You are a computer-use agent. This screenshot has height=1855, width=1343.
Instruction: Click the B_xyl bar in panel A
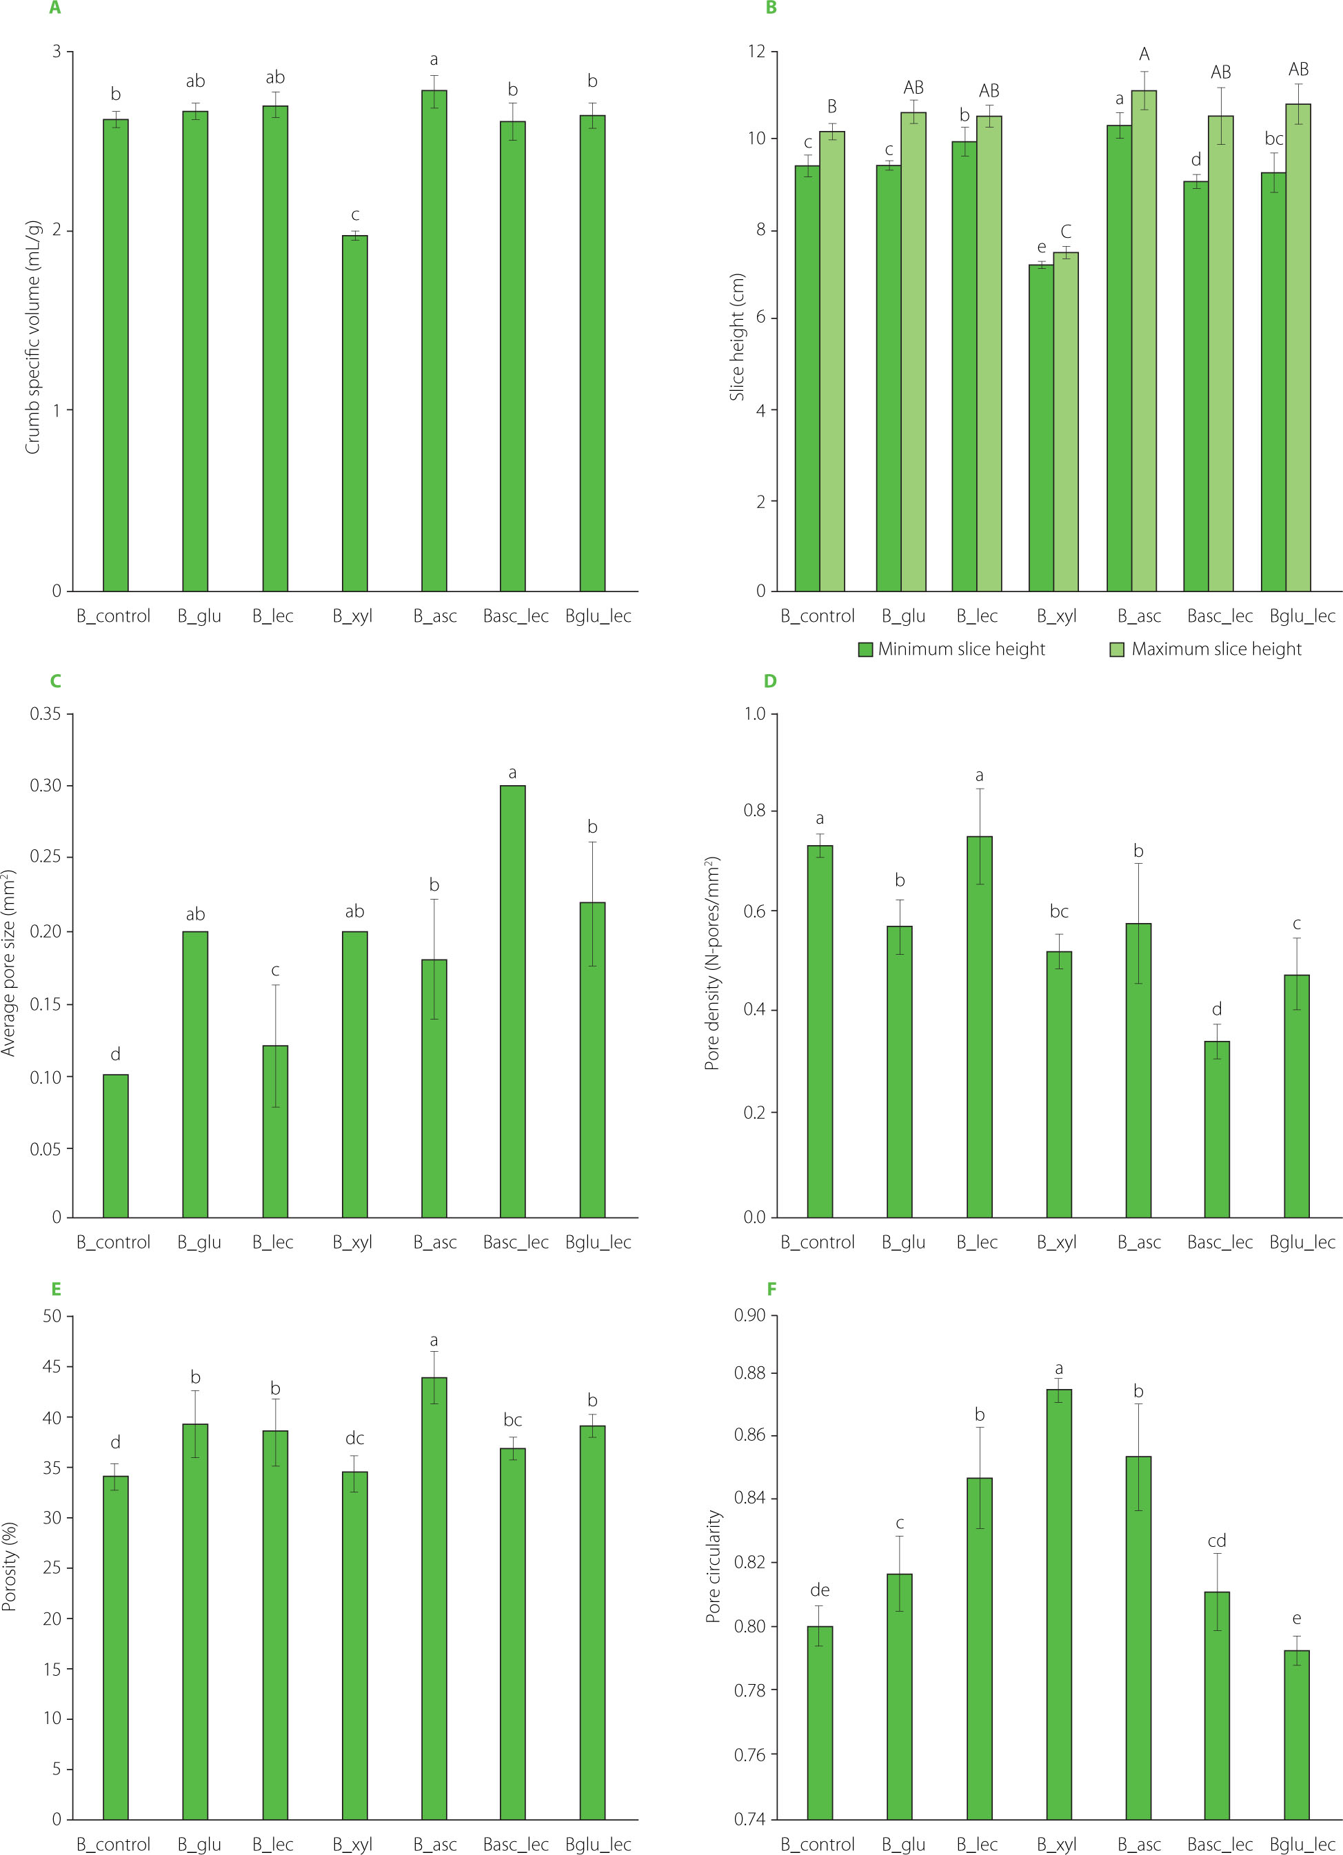(x=354, y=413)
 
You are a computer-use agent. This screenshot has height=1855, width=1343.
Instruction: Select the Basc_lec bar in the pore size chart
(x=513, y=1001)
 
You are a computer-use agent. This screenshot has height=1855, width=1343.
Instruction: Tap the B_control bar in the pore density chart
(x=820, y=1031)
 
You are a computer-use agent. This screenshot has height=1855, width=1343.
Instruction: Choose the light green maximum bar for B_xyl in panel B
(x=1066, y=421)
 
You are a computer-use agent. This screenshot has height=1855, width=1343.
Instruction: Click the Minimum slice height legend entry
(x=952, y=649)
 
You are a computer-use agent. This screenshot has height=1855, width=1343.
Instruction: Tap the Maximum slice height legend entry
(x=1206, y=649)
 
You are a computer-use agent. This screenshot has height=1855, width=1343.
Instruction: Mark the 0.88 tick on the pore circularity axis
(x=750, y=1373)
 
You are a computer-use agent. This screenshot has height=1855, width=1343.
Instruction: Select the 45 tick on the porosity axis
(x=52, y=1367)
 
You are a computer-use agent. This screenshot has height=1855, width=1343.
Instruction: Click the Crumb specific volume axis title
(x=32, y=336)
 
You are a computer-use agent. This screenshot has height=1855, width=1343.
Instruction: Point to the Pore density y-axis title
(x=711, y=964)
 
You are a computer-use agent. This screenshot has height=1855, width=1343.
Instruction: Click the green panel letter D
(x=769, y=681)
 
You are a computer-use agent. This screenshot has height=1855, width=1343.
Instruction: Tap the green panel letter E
(x=56, y=1290)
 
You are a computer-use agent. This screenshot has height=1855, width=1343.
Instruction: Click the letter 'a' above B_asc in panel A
(x=434, y=59)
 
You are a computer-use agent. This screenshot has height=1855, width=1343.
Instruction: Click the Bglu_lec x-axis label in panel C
(x=598, y=1242)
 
